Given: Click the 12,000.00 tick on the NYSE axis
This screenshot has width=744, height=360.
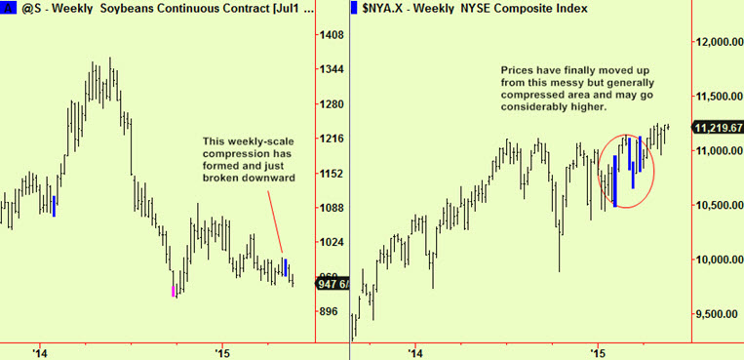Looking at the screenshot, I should (x=719, y=42).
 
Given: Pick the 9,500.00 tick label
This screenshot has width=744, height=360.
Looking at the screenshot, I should (x=716, y=314).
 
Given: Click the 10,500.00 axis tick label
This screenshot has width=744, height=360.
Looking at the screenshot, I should (x=719, y=205).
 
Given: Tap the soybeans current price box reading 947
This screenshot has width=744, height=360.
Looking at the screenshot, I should (x=330, y=284).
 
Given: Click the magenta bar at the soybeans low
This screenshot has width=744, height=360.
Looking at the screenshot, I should (x=174, y=289).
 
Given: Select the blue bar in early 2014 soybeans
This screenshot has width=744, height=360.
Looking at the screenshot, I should (x=54, y=205).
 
